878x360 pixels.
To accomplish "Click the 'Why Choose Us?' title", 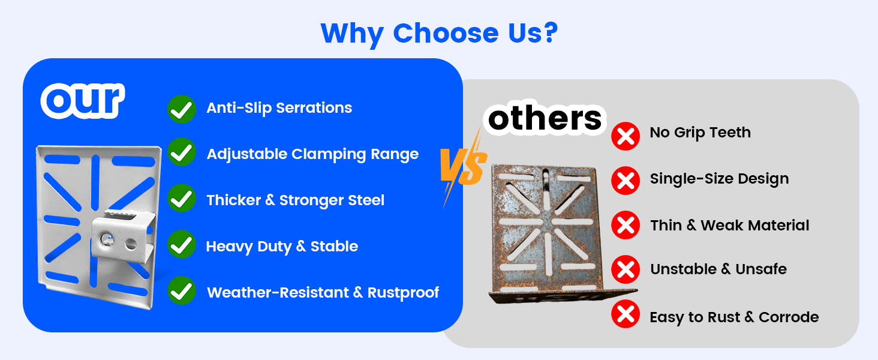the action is click(439, 34).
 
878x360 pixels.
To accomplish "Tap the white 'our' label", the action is click(83, 101).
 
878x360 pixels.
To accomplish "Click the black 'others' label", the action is click(545, 118).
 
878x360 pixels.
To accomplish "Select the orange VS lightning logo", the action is click(464, 167).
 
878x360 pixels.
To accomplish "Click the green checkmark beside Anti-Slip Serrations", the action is click(182, 109).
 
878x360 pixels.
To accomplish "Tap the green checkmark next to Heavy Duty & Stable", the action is click(182, 244).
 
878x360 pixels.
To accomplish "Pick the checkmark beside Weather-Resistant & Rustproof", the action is click(182, 290).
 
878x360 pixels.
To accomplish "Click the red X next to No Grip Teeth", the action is click(626, 136).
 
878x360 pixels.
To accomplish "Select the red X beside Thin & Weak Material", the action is click(626, 225).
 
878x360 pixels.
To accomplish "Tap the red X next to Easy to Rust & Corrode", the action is click(626, 314).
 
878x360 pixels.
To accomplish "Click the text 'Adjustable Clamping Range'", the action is click(312, 155).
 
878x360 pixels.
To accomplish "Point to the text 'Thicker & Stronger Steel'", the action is click(295, 200).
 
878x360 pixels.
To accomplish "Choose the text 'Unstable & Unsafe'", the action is click(718, 269).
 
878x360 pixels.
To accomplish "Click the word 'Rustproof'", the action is click(403, 293).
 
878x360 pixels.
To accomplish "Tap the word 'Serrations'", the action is click(314, 108).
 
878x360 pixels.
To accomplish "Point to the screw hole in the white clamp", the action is click(106, 238).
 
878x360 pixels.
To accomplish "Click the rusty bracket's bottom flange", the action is click(563, 296).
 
